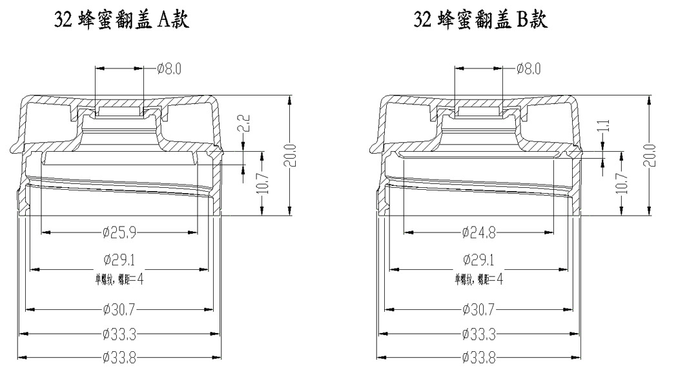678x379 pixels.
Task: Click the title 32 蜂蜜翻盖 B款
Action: (480, 21)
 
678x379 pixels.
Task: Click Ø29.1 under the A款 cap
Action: (119, 260)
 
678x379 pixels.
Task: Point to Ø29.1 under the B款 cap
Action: (478, 260)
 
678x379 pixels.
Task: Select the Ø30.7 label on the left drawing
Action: (119, 310)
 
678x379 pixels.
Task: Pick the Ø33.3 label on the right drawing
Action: (478, 334)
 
